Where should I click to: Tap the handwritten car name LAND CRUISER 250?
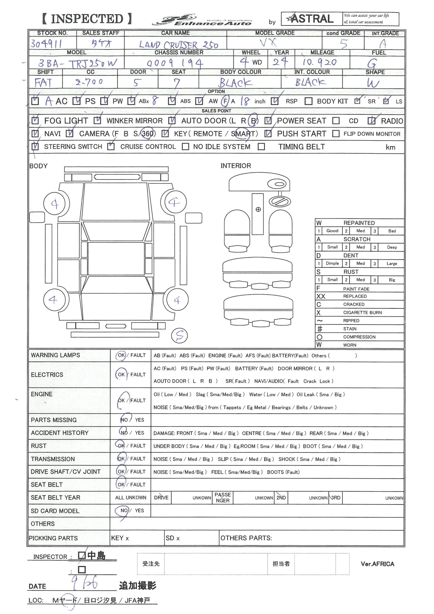click(178, 45)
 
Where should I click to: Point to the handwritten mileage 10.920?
click(319, 63)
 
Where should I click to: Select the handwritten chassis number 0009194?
click(175, 63)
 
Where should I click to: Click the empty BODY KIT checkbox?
click(308, 101)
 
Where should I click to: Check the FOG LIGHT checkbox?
click(35, 121)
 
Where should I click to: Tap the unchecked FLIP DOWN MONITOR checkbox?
click(336, 134)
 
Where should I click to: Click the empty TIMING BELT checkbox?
click(261, 147)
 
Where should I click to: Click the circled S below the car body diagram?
click(179, 336)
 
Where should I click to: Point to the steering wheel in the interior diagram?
click(280, 201)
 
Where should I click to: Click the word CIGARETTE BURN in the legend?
click(362, 313)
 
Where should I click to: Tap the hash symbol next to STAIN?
click(320, 329)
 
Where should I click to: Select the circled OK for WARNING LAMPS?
click(121, 355)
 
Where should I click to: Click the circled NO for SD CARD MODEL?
click(123, 511)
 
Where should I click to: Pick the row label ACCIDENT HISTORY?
click(60, 433)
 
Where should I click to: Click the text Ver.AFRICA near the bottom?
click(377, 564)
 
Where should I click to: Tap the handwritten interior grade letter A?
click(383, 44)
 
